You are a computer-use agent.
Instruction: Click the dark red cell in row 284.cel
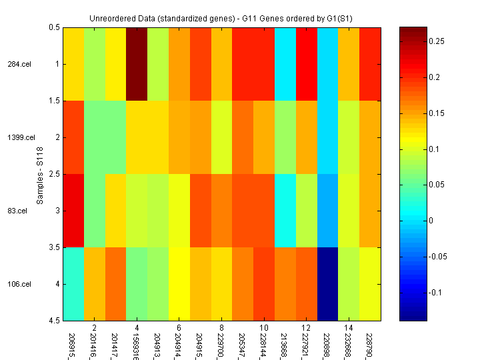point(137,64)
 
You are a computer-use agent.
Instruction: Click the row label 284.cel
point(18,64)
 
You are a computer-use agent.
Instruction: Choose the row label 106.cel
point(19,284)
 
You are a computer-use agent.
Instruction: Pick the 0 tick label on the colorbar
point(431,221)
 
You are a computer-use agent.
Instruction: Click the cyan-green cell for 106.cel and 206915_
point(73,284)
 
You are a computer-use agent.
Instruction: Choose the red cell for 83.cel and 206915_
point(73,211)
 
